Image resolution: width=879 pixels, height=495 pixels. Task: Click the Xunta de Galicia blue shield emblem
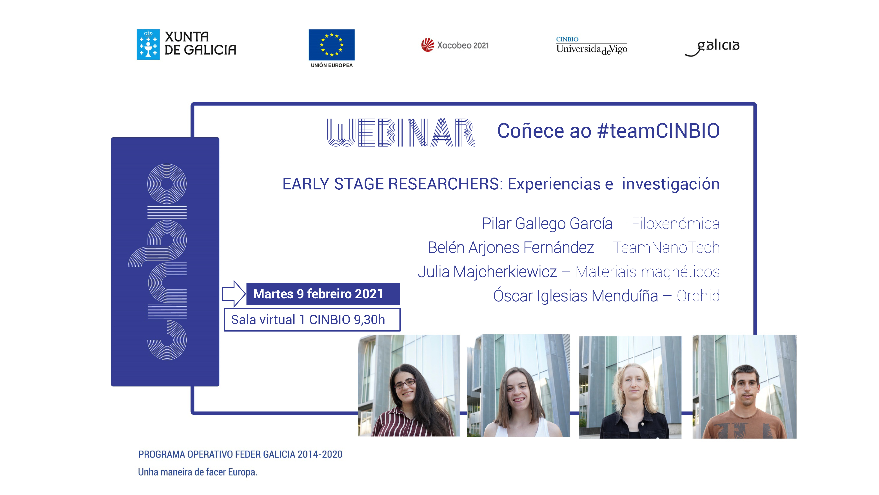click(148, 44)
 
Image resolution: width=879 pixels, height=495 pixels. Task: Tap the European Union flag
click(331, 45)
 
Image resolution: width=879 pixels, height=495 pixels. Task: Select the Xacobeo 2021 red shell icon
click(427, 45)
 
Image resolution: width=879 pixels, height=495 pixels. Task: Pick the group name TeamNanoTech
click(666, 248)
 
